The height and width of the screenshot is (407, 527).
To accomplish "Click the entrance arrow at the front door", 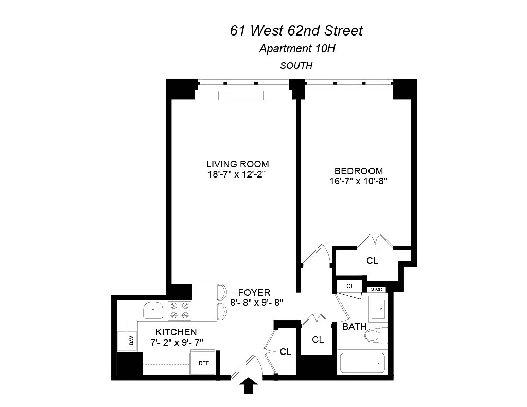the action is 249,385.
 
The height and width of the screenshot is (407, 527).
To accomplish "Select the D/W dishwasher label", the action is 131,341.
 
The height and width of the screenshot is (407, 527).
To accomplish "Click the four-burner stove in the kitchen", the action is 180,311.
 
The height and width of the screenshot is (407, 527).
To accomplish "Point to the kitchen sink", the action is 153,310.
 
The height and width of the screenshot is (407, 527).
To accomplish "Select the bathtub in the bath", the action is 362,363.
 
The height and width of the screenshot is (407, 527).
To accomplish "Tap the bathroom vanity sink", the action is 378,308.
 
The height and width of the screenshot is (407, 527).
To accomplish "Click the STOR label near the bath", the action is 376,289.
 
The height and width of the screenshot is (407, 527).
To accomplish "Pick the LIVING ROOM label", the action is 237,164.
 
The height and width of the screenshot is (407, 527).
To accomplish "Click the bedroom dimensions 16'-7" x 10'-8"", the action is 358,181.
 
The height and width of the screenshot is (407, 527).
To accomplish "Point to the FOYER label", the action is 254,292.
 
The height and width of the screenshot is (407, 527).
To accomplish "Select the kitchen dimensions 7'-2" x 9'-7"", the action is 177,343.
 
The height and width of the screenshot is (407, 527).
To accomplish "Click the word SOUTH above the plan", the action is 296,65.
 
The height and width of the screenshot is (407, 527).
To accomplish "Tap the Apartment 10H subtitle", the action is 297,49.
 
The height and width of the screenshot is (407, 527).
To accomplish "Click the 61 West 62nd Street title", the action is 296,30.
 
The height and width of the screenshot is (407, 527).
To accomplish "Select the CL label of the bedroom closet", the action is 372,261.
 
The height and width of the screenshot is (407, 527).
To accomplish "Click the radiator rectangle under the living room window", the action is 241,96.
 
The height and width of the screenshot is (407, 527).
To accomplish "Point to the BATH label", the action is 354,327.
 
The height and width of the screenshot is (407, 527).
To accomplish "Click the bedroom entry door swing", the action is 317,254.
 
